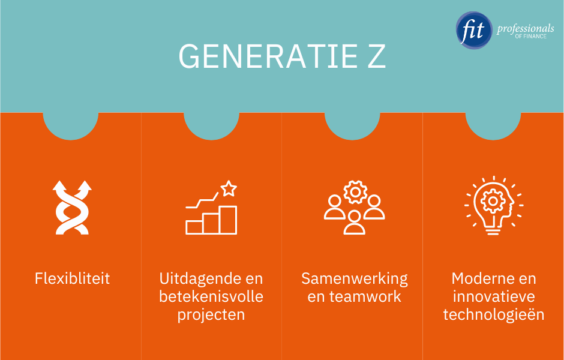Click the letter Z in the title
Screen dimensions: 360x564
coord(375,56)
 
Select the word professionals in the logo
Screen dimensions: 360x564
coord(525,29)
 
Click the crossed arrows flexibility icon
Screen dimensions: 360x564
coord(71,207)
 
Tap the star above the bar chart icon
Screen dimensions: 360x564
coord(228,189)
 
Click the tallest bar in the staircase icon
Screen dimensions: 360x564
coord(228,220)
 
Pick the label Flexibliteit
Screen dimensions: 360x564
coord(72,278)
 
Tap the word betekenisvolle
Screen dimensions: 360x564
coord(211,296)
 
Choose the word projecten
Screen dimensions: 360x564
coord(211,314)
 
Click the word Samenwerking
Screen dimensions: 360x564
coord(354,278)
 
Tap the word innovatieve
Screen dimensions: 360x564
coord(494,296)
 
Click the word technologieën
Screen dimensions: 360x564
coord(494,314)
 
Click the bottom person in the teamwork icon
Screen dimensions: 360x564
coord(355,222)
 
